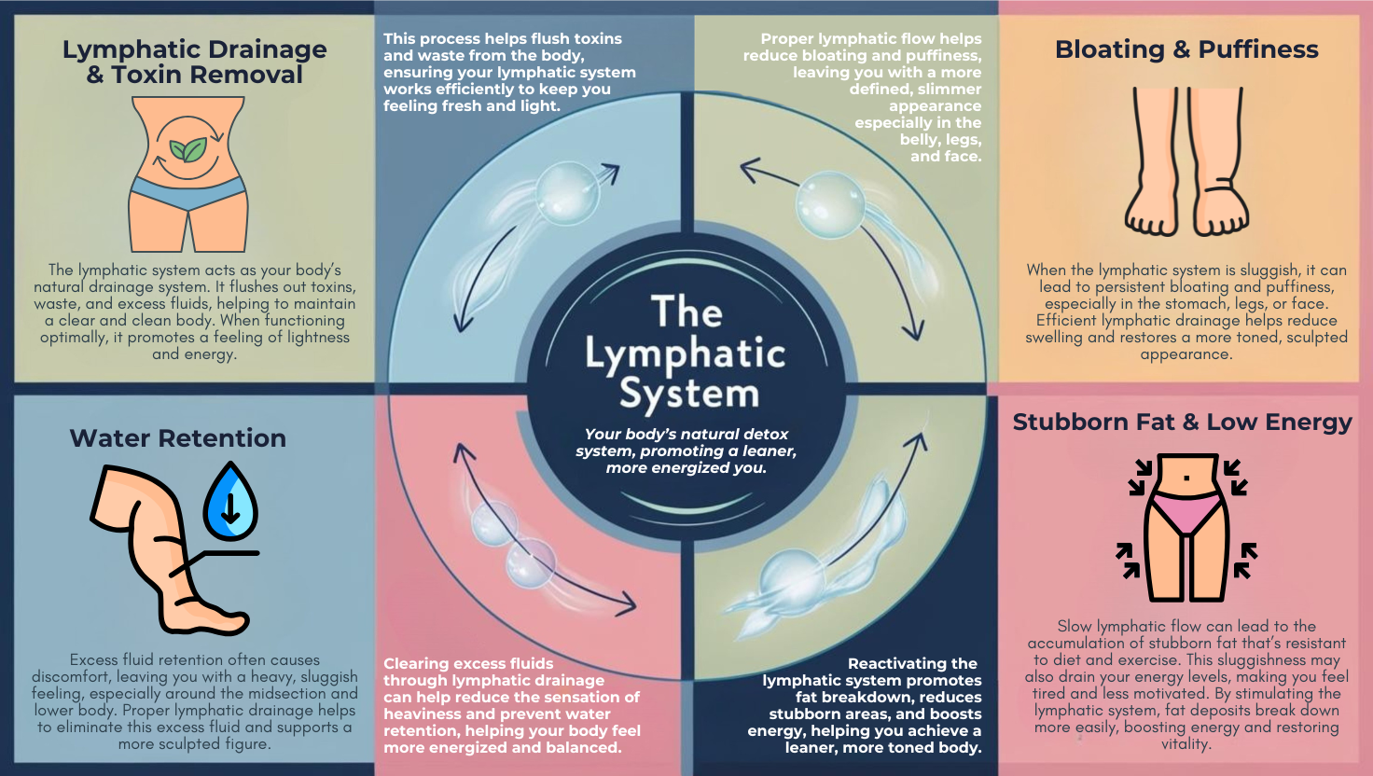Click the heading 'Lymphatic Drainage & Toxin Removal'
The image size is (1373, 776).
[x=194, y=62]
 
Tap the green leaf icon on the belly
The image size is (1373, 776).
[x=188, y=149]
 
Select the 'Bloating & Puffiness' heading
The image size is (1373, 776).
[x=1186, y=49]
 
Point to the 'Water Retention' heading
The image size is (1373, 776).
[x=177, y=438]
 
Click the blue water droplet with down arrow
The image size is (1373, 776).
[x=230, y=504]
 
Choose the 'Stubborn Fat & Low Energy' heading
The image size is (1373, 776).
[x=1182, y=423]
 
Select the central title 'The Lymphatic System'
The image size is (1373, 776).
[x=686, y=353]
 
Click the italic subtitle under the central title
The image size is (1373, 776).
[x=686, y=450]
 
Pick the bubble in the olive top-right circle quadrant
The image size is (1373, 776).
[x=829, y=204]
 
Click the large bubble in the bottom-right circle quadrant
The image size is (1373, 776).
[x=792, y=578]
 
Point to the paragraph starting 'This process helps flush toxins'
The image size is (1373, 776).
[x=509, y=73]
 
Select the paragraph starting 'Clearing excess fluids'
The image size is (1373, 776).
[x=511, y=706]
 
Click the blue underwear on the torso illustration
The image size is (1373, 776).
[x=188, y=193]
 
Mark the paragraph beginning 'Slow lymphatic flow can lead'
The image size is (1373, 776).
[x=1186, y=685]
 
